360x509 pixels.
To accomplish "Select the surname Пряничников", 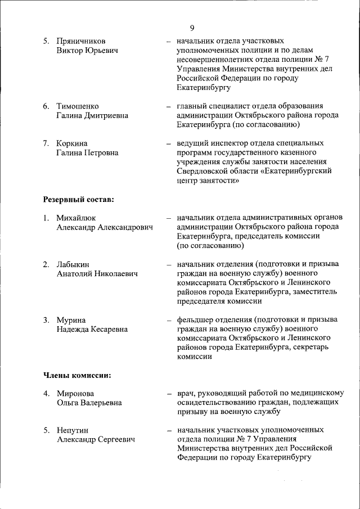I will tap(81, 42).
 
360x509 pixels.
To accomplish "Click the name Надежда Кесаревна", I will tap(92, 329).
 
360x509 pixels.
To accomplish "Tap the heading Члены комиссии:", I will tap(76, 375).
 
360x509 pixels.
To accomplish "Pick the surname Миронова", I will tap(75, 394).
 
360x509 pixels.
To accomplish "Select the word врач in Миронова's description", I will tap(186, 394).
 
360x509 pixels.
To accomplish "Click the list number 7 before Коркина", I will tap(46, 143).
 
